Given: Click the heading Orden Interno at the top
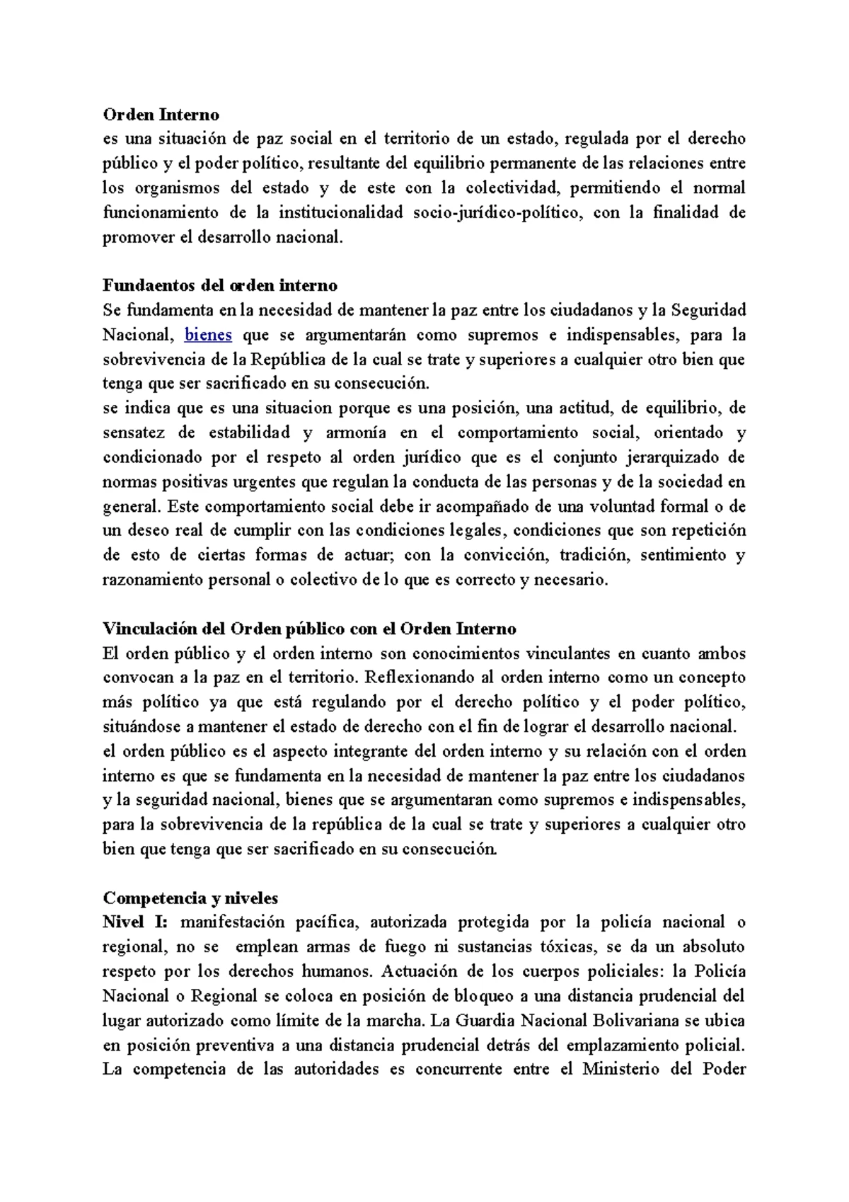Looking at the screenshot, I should pyautogui.click(x=161, y=114).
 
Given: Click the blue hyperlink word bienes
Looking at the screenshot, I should pyautogui.click(x=208, y=335).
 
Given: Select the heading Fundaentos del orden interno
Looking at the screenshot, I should pyautogui.click(x=220, y=285).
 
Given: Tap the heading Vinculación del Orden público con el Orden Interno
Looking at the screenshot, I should pyautogui.click(x=309, y=629).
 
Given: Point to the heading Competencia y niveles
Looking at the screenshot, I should pyautogui.click(x=190, y=898).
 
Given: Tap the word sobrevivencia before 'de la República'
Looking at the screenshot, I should pyautogui.click(x=154, y=360).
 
